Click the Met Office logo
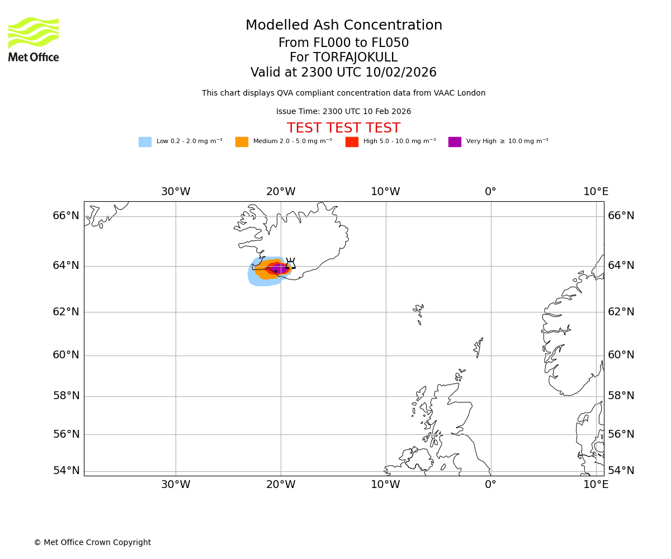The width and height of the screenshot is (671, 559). tap(34, 39)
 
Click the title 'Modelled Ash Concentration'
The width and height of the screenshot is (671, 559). tap(344, 26)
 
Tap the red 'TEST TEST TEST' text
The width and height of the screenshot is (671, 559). tap(343, 129)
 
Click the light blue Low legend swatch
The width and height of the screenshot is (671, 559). tap(145, 142)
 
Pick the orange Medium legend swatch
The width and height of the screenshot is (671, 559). tap(242, 142)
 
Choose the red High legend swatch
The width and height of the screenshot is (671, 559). tap(352, 142)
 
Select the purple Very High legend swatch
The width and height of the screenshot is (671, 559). tap(455, 142)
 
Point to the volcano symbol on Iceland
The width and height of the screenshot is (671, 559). tap(290, 264)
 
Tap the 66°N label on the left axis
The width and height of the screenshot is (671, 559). tap(66, 216)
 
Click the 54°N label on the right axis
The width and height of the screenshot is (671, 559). tap(621, 471)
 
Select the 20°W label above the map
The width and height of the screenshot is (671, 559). tap(281, 192)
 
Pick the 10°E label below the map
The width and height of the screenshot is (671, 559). tap(596, 485)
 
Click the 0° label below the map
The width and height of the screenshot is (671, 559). tap(490, 485)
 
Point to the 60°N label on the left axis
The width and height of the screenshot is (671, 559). tap(66, 355)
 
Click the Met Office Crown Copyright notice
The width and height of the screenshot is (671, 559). tap(92, 543)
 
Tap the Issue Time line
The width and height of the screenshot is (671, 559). tap(343, 112)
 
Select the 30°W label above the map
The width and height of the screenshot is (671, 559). tap(176, 192)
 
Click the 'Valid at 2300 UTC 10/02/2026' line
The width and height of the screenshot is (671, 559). tap(343, 73)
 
